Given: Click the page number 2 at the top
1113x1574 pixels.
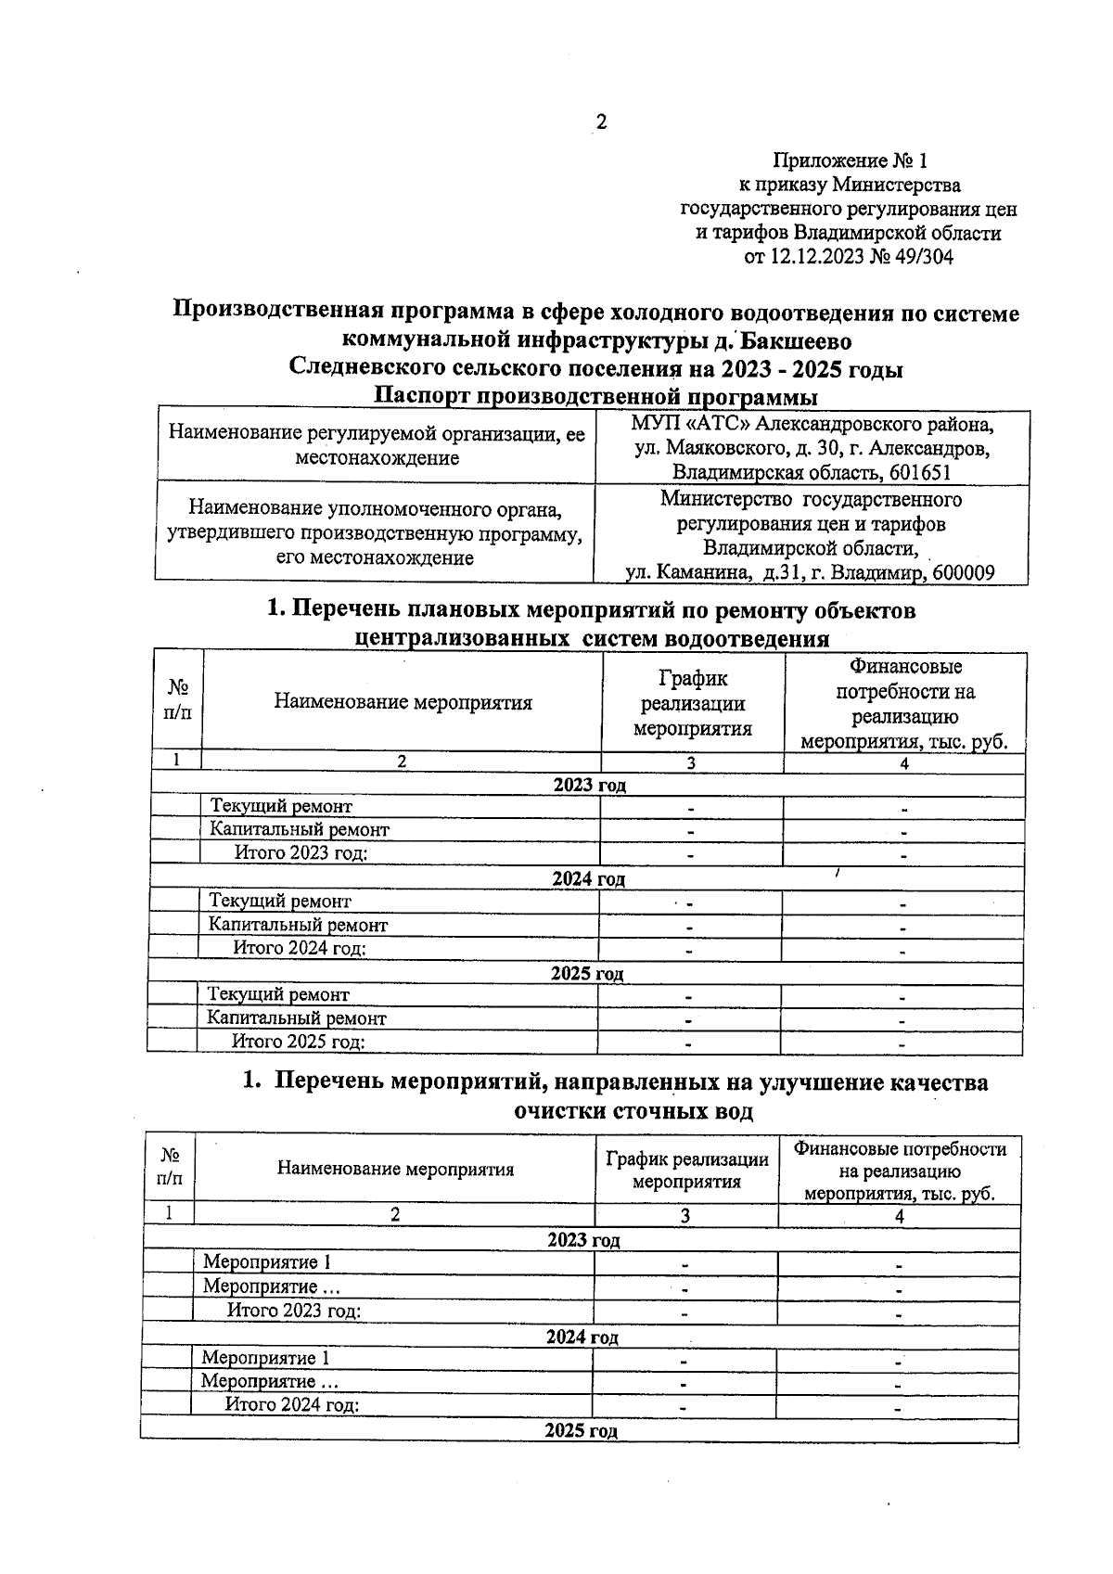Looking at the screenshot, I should coord(601,122).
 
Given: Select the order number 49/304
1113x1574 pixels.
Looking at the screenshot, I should coord(922,257).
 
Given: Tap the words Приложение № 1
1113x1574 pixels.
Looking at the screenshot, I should coord(850,160).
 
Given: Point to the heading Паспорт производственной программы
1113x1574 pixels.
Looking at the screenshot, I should coord(595,397).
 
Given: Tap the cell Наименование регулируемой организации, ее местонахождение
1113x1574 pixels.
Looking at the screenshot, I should coord(376,446).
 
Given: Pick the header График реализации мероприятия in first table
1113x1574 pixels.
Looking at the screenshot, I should coord(692,703).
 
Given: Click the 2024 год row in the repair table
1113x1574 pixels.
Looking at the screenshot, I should coord(588,878).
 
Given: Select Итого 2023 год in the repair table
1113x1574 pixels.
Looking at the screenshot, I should coord(301,853).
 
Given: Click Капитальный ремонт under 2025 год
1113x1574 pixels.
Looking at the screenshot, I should coord(297,1017).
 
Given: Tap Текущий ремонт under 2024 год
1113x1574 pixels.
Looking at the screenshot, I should coord(280,901).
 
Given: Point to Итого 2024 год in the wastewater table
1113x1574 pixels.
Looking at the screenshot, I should coord(293,1404).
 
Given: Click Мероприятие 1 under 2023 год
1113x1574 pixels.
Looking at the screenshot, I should coord(267,1262).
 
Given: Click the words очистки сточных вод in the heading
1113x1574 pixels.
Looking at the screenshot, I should coord(633,1111).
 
